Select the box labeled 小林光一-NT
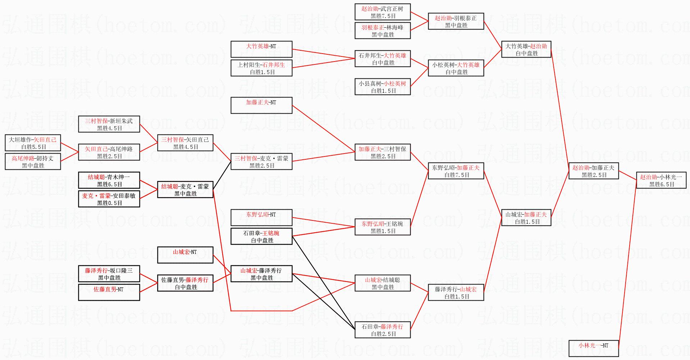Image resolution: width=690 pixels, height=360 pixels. coord(593,348)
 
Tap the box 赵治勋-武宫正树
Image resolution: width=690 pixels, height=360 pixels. coord(383,12)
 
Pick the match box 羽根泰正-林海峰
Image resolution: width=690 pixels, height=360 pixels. coord(383,31)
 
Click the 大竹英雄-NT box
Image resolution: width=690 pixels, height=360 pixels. coord(261,49)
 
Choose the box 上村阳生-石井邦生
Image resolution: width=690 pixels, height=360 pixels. coord(261,68)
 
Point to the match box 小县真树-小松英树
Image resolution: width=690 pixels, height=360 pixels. coord(383,87)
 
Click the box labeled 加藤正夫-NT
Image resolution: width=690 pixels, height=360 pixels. coord(261,105)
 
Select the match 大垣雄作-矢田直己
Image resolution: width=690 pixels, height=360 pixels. coord(33,143)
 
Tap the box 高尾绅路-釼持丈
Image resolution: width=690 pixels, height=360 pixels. coord(33,161)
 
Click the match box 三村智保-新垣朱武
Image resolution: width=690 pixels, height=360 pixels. coord(109,124)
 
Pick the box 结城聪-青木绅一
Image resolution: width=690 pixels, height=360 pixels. coord(109,180)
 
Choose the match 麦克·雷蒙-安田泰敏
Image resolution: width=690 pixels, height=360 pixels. coord(109,199)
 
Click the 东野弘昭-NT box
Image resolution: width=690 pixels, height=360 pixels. coord(261,218)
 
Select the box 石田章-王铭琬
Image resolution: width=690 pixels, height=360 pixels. coord(261,236)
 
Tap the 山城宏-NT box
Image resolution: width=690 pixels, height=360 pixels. coord(185,255)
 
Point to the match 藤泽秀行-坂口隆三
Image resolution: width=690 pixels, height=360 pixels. coord(109,274)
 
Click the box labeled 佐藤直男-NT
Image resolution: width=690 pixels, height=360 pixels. coord(109,292)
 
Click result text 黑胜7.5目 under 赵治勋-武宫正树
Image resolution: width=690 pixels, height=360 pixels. coord(383,16)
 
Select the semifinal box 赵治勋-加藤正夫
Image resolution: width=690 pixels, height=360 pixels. coord(593,171)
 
